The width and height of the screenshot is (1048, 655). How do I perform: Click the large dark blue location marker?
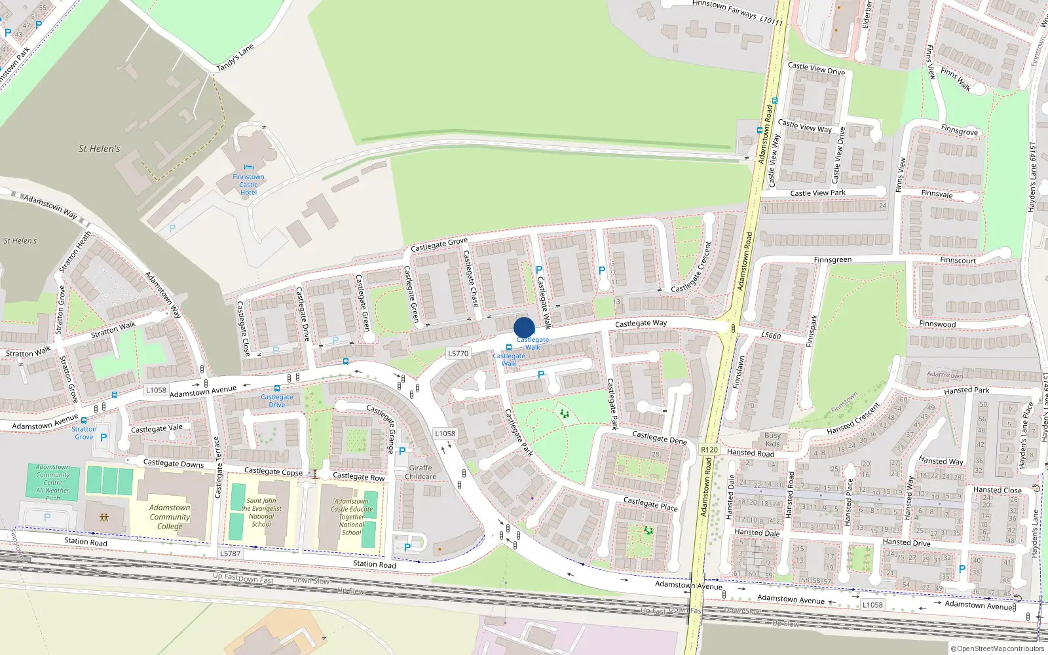524,327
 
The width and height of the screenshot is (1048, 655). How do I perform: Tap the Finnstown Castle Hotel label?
248,185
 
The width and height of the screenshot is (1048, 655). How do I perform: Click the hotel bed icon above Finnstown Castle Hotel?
248,168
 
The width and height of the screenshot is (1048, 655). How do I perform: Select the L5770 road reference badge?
458,353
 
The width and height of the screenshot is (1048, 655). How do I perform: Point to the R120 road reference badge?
709,449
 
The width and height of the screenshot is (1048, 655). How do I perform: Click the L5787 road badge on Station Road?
230,553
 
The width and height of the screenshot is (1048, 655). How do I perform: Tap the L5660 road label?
771,335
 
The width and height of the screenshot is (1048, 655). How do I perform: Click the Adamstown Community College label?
170,517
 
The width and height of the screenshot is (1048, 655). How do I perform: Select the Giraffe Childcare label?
420,472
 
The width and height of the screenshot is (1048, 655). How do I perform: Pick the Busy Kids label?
772,440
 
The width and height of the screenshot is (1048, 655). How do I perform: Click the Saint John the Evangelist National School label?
261,512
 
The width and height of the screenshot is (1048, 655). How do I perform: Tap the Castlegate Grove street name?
439,245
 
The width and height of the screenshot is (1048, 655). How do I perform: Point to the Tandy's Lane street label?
235,58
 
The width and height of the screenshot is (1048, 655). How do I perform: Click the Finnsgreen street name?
833,260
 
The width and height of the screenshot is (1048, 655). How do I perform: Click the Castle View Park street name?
817,193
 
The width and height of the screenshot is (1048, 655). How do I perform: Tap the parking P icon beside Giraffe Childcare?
402,451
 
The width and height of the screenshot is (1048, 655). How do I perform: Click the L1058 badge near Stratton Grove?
156,390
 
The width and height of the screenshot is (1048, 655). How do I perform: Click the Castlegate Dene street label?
660,437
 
